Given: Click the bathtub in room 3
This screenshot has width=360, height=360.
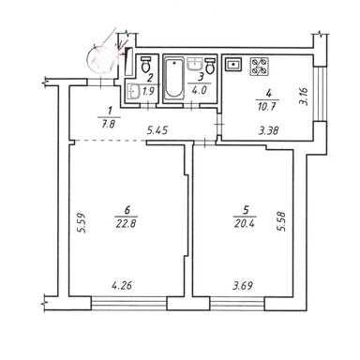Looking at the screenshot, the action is pyautogui.click(x=173, y=77).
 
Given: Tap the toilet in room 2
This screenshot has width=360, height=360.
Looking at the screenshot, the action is pyautogui.click(x=145, y=64).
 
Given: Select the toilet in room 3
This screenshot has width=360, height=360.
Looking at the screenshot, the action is pyautogui.click(x=210, y=66).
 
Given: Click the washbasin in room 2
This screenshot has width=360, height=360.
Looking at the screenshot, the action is pyautogui.click(x=134, y=91).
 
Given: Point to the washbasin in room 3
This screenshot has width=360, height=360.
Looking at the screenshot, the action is pyautogui.click(x=195, y=64).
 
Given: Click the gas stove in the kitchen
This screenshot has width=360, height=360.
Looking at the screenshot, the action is pyautogui.click(x=260, y=67).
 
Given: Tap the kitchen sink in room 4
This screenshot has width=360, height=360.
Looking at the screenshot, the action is pyautogui.click(x=233, y=65).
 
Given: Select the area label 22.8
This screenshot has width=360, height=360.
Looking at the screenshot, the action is pyautogui.click(x=126, y=224).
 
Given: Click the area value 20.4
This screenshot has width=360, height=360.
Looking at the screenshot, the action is pyautogui.click(x=245, y=223).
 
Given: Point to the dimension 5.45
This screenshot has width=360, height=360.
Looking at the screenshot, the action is pyautogui.click(x=157, y=130).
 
